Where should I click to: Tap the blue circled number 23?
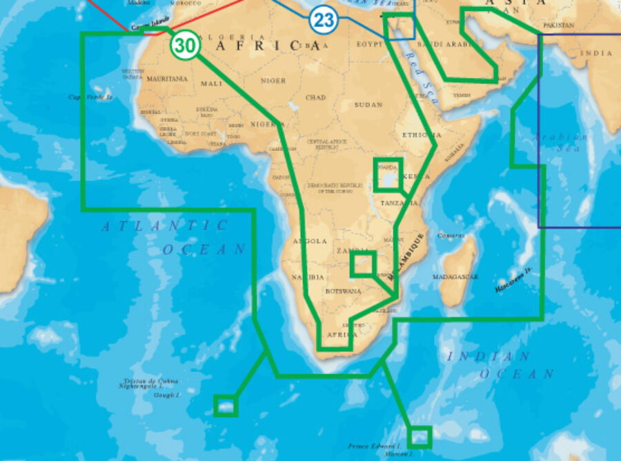point(322,19)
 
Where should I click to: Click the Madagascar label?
point(455,276)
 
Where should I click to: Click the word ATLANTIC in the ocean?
point(165,225)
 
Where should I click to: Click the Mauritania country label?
point(167,79)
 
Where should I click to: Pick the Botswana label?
point(344,291)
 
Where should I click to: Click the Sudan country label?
point(368,105)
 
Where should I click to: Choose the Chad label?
point(315,98)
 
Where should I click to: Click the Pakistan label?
point(558,25)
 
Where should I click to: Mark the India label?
point(596,53)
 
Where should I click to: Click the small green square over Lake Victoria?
point(388,174)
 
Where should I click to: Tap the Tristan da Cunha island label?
point(150,381)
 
